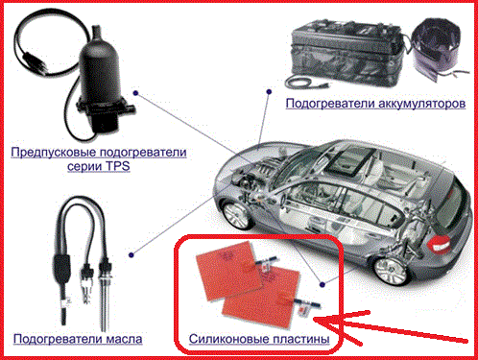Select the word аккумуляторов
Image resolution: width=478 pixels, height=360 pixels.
[x=421, y=104]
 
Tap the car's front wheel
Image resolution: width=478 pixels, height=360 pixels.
[x=236, y=215]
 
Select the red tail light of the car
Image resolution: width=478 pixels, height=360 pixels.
[x=442, y=244]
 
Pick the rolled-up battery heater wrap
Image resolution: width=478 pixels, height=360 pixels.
[x=436, y=48]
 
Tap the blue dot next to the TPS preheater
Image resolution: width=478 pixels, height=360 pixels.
[x=136, y=93]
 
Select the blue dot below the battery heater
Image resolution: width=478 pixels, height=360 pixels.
[x=269, y=92]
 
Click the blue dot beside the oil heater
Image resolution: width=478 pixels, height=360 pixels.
[x=131, y=255]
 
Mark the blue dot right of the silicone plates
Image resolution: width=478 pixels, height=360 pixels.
[x=323, y=284]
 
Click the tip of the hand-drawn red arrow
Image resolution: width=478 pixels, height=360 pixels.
[x=315, y=319]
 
